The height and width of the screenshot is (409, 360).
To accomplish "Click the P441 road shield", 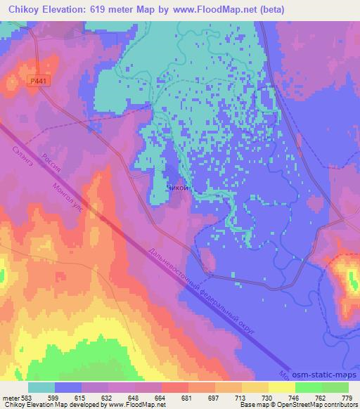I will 40,82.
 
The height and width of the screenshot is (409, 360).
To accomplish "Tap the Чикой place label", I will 177,188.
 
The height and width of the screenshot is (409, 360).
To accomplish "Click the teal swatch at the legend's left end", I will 42,387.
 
